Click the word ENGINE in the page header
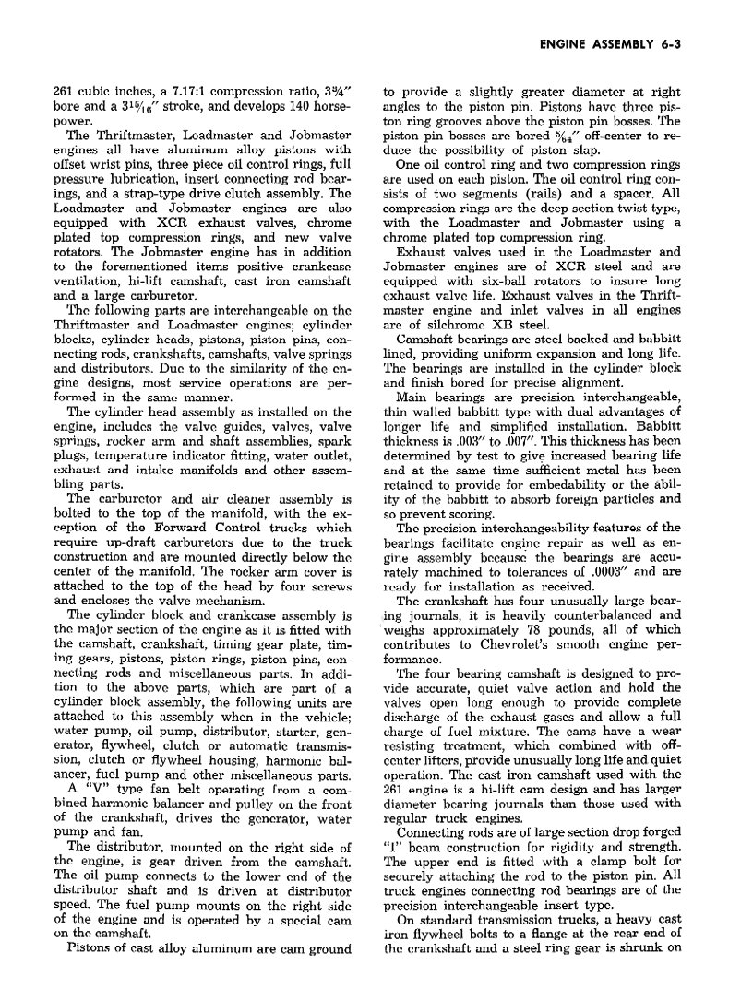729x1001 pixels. [x=563, y=43]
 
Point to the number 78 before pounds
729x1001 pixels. [x=525, y=630]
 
